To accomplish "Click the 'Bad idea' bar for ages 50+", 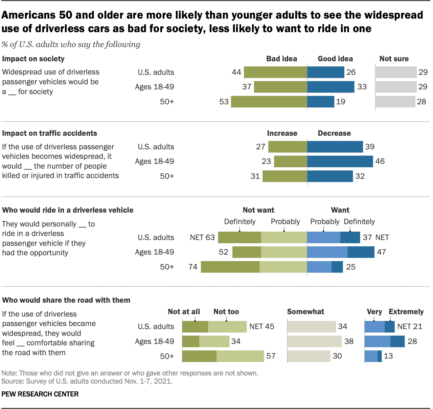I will coord(269,102).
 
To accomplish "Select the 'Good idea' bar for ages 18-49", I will coord(331,87).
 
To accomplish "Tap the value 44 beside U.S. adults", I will coord(236,72).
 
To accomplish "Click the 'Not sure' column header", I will coord(394,59).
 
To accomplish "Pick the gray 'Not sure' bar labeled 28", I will coord(395,102).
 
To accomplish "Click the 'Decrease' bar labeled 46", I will coord(340,162).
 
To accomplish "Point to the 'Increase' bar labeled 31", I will coord(284,176).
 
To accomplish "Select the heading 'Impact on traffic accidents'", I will coord(49,133).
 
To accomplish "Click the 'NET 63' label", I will coord(202,237).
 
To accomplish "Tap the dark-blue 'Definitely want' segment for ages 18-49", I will coord(361,252).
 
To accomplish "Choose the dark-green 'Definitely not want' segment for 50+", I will coord(230,267).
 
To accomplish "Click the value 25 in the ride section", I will coord(351,267).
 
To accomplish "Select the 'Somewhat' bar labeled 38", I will coord(314,341).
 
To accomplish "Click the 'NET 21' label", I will coord(410,327).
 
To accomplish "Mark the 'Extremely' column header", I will coord(406,312).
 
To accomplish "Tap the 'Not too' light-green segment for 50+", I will coord(240,356).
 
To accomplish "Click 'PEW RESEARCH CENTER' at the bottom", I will coord(40,394).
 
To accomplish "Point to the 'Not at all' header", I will coord(184,312).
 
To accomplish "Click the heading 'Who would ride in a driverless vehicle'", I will coord(68,210).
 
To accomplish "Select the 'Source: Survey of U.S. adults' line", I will coord(87,381).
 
